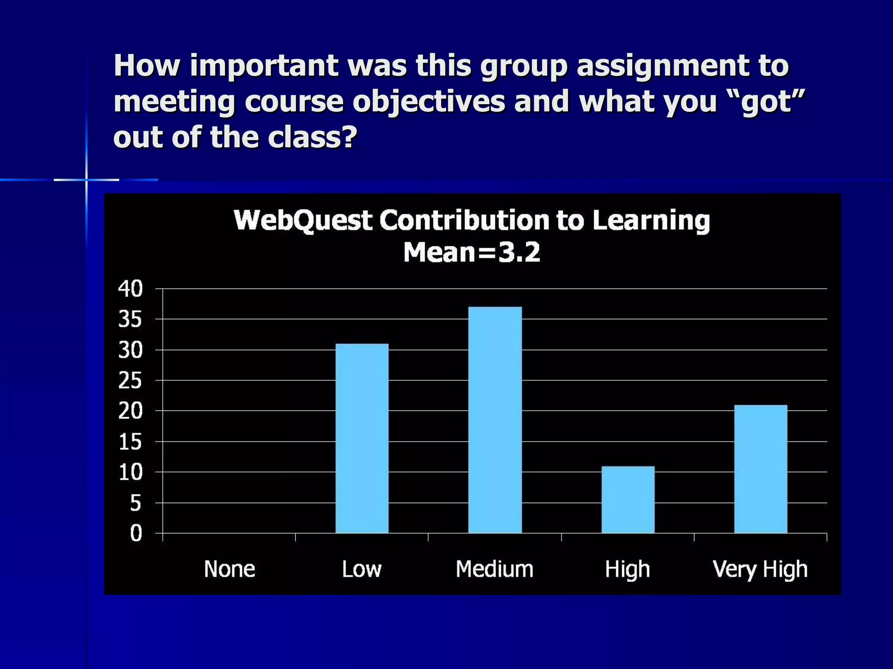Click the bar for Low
click(362, 438)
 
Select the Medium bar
click(495, 420)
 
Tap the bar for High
click(628, 500)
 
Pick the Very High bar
click(761, 469)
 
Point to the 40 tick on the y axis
click(130, 289)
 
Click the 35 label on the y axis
click(130, 319)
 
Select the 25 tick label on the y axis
click(130, 381)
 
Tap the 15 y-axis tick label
click(130, 442)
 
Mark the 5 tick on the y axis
click(136, 503)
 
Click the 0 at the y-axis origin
click(136, 534)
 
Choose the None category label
click(229, 569)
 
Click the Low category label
click(362, 569)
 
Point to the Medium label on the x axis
click(494, 569)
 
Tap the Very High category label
click(760, 570)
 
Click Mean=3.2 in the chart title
click(472, 252)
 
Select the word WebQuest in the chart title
click(303, 220)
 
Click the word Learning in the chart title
click(651, 221)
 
